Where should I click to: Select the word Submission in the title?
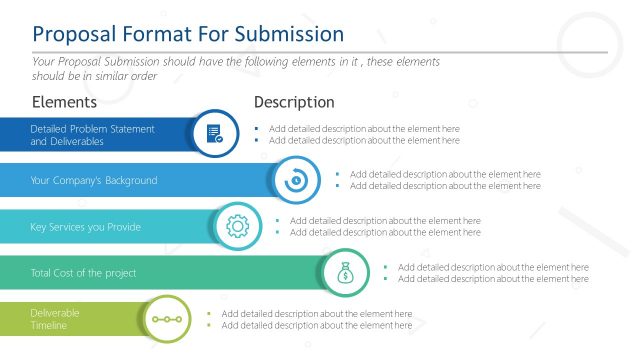[289, 34]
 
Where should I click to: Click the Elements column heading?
[64, 102]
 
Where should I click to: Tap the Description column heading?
[294, 102]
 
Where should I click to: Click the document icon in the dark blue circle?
[214, 134]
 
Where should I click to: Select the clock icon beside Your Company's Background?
[295, 181]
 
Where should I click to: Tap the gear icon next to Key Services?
[237, 227]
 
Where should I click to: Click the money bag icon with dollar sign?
[345, 273]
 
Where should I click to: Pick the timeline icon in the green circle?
[163, 319]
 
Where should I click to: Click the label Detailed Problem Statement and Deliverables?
[92, 135]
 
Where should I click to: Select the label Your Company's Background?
[94, 181]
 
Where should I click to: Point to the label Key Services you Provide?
[85, 227]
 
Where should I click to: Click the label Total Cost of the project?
[83, 273]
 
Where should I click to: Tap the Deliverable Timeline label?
[55, 319]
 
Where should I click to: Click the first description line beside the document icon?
[364, 128]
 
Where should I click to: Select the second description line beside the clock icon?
[445, 186]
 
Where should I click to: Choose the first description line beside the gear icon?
[385, 220]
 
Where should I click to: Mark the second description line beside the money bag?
[493, 279]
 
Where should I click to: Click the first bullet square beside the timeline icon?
[208, 314]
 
